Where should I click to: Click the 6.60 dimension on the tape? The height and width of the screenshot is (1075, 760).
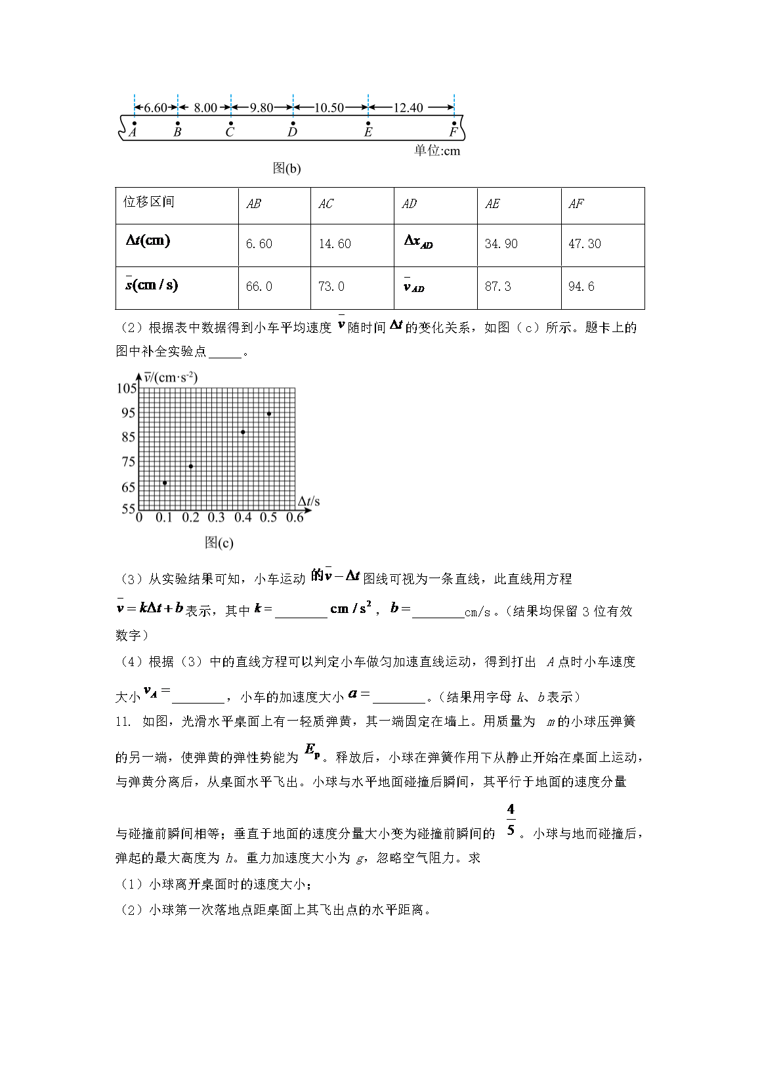[156, 108]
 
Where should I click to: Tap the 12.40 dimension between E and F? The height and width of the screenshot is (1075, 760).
[408, 108]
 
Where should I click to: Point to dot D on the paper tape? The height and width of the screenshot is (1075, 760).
[293, 123]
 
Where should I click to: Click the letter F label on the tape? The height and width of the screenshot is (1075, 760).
[454, 132]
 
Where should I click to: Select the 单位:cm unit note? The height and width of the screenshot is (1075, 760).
[436, 151]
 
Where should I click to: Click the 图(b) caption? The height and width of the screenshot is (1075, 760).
[286, 169]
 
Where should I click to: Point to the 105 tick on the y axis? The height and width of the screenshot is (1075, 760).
[127, 389]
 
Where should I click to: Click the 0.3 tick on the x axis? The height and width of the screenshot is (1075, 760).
[216, 518]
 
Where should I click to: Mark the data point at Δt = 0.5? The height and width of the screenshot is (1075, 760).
[269, 413]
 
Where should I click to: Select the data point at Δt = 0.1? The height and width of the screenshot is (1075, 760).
[165, 483]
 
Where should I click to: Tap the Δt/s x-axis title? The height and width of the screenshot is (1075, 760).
[308, 502]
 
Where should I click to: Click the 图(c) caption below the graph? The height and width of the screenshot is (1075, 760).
[219, 543]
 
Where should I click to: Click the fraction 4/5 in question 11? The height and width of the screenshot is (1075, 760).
[511, 820]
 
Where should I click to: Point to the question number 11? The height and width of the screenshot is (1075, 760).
[123, 722]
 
